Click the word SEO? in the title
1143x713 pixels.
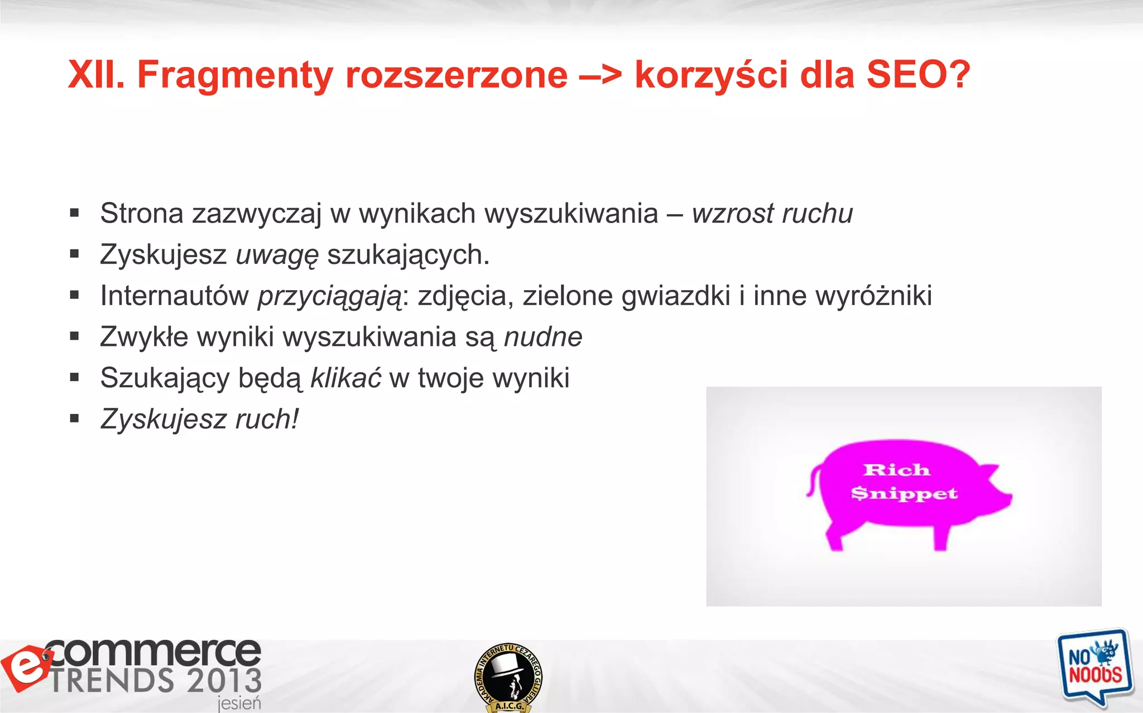click(918, 75)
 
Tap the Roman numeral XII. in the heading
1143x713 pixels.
click(96, 75)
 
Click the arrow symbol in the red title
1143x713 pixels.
click(601, 76)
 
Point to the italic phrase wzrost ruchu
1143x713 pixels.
click(772, 214)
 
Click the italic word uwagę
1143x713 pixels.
click(277, 256)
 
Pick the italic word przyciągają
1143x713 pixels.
click(329, 296)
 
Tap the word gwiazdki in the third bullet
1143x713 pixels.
click(675, 296)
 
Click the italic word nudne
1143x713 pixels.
click(542, 337)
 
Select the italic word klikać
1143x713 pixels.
click(345, 378)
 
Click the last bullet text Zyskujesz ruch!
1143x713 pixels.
click(199, 419)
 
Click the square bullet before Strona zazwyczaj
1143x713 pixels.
click(74, 213)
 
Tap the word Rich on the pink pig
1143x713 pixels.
click(896, 470)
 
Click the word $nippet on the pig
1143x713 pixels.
click(904, 493)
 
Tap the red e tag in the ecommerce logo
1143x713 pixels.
click(26, 668)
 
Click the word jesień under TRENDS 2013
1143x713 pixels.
click(239, 703)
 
